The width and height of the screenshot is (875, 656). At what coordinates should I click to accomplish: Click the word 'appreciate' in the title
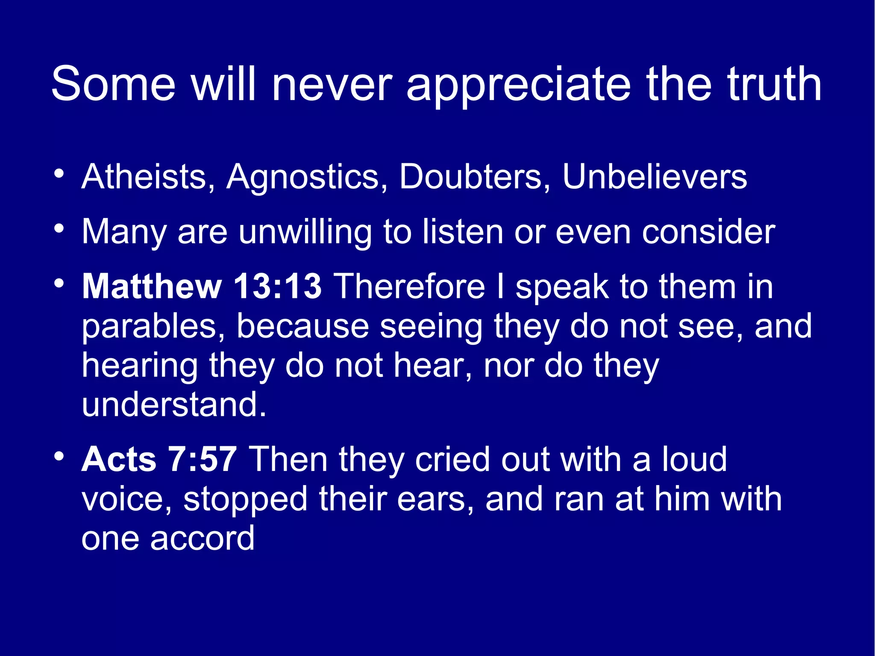(x=518, y=85)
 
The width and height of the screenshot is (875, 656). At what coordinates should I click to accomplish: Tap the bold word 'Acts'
(x=119, y=459)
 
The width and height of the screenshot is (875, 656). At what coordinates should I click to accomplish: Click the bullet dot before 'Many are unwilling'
(x=59, y=229)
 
